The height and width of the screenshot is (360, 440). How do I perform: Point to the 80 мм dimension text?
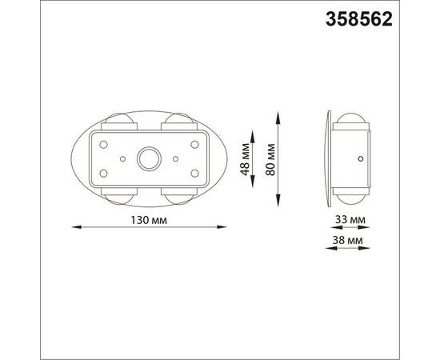point(270,158)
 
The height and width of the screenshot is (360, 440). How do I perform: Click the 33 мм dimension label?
point(350,218)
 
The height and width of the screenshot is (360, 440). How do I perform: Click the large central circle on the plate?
point(148,159)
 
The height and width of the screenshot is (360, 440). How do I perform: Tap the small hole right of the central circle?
point(175,159)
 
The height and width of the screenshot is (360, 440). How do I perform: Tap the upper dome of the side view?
point(352,123)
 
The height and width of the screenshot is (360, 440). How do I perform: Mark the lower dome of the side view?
point(352,195)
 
